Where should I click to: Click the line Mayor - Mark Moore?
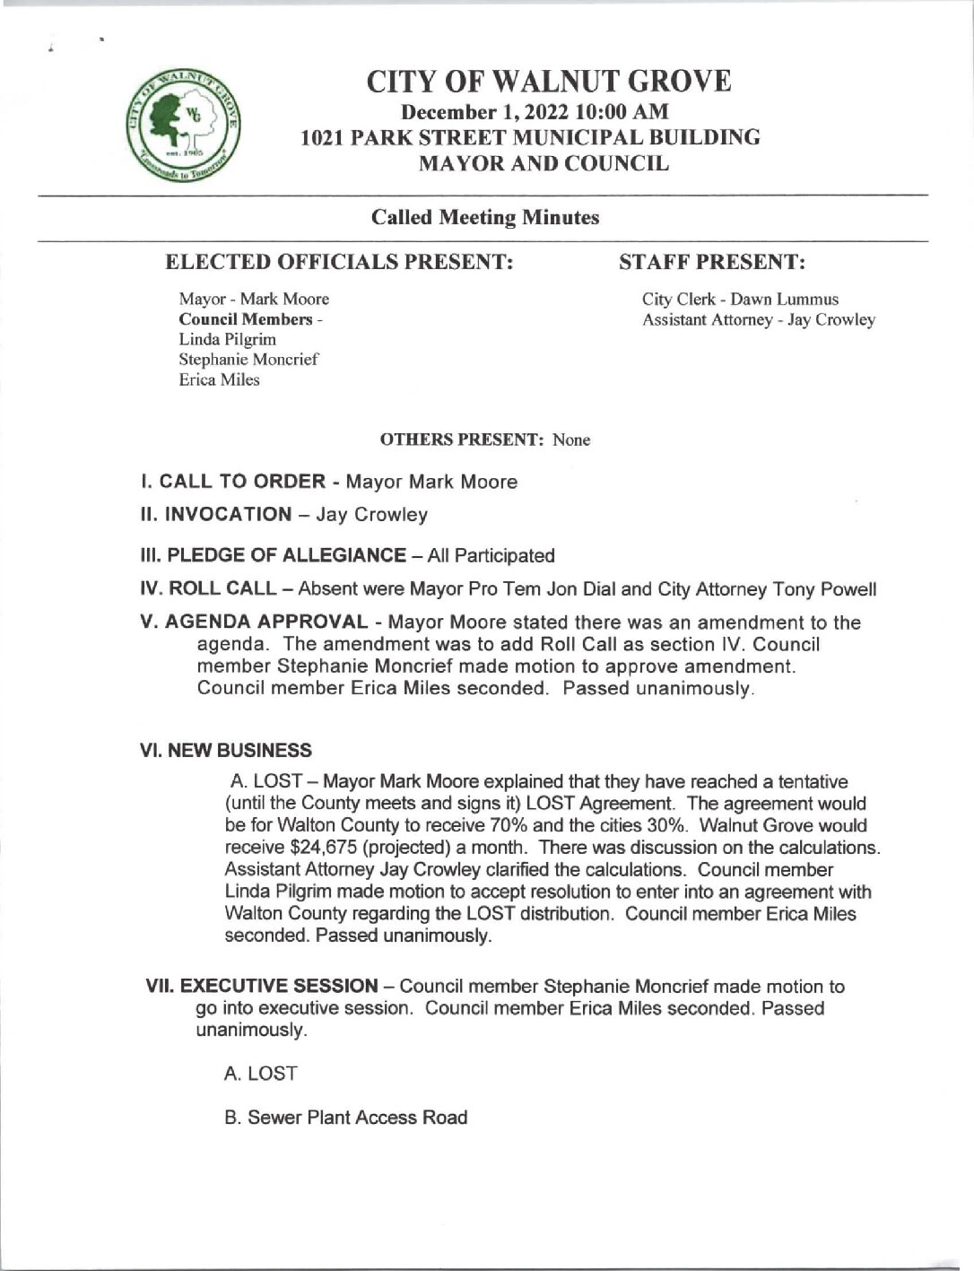coord(254,299)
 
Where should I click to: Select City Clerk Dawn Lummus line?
coord(740,300)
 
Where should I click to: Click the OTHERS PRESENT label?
coord(464,440)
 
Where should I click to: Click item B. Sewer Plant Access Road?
coord(346,1118)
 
